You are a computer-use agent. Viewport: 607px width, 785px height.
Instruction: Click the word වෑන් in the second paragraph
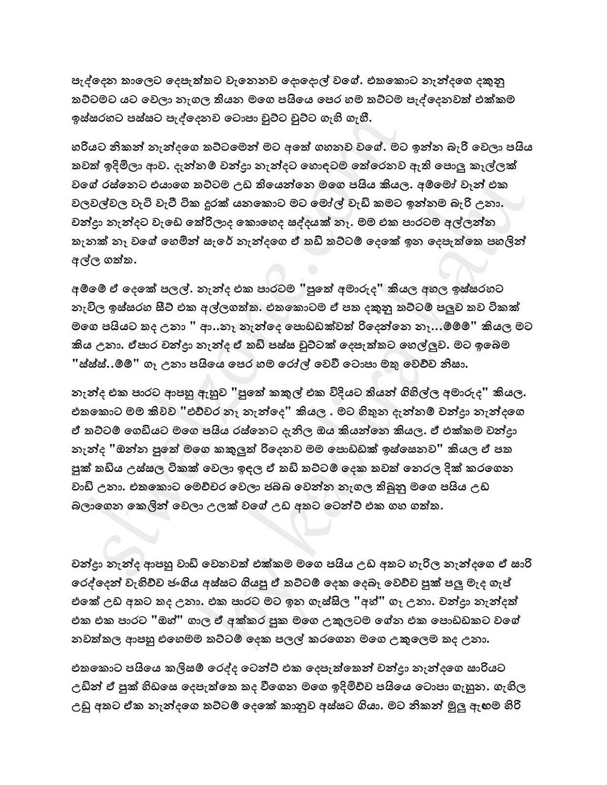(483, 186)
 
